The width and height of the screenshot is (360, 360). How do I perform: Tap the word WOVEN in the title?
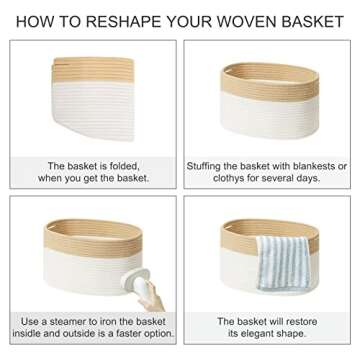(230, 21)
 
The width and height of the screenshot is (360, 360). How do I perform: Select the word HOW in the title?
(33, 21)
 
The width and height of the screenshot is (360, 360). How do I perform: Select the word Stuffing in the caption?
(208, 165)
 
